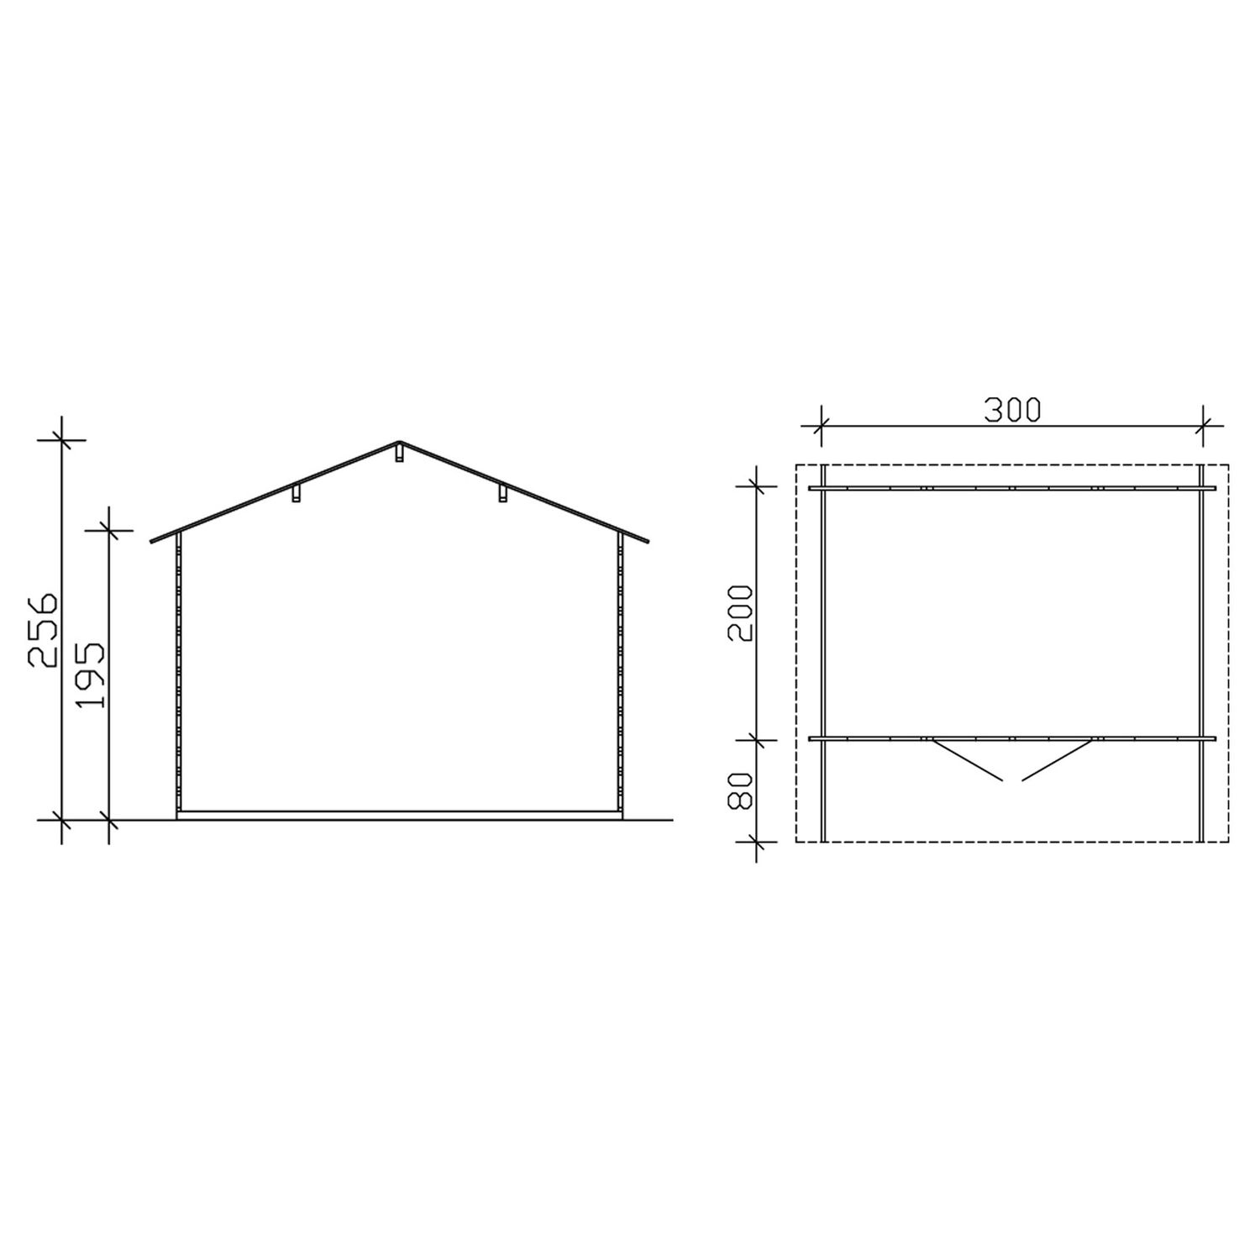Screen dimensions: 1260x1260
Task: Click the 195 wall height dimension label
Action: (90, 675)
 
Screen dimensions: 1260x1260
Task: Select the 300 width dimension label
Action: (1012, 409)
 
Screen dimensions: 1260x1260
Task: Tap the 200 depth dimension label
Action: (740, 614)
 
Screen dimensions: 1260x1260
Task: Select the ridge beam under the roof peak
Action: (399, 454)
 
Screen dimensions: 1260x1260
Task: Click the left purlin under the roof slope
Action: (296, 494)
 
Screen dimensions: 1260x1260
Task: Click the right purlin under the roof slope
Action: (502, 494)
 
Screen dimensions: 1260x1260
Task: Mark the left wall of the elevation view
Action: (178, 676)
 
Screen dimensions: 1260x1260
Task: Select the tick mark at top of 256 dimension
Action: (61, 438)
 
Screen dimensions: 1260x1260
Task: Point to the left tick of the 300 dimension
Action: (822, 427)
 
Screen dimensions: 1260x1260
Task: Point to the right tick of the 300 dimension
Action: (1203, 427)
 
